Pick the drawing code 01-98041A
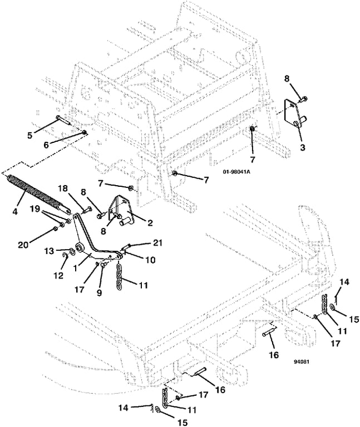click(236, 172)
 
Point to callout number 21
click(158, 244)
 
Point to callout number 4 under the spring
click(15, 211)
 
